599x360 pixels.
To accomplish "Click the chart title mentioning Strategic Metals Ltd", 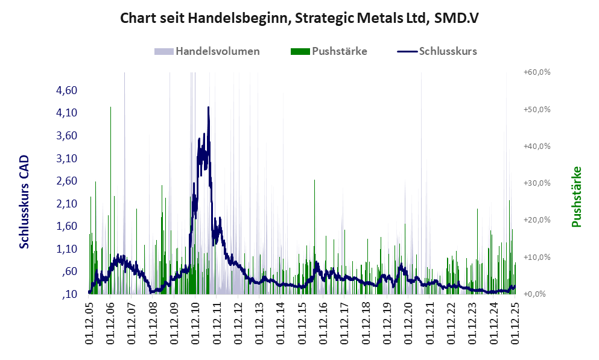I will pos(299,19).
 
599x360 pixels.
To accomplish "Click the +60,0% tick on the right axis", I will pos(537,72).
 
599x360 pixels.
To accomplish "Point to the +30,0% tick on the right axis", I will pos(537,183).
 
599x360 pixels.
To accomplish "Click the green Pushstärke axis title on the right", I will pos(577,197).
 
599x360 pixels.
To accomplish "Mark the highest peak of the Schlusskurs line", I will pos(208,107).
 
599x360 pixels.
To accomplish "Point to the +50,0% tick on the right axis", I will pos(537,110).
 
